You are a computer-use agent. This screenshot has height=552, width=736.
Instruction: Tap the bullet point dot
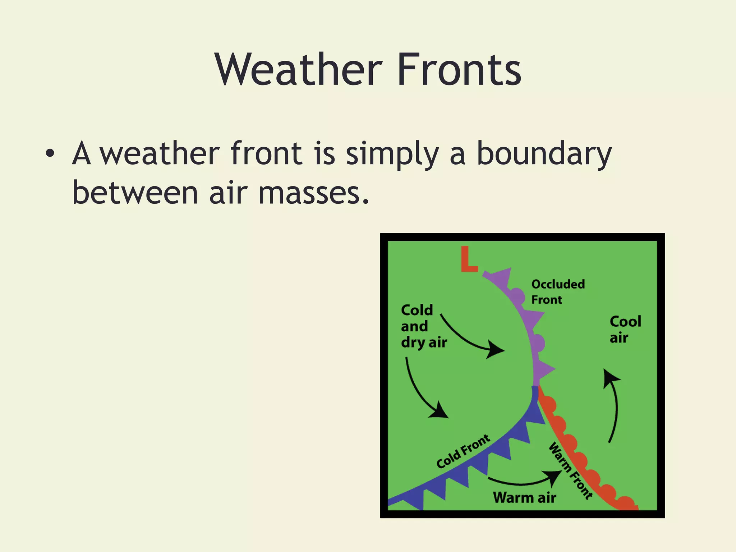[x=50, y=154]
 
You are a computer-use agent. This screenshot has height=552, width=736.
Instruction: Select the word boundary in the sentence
[x=544, y=154]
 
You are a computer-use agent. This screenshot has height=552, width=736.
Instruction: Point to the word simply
[x=392, y=154]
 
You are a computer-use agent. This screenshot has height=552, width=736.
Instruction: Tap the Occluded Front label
[x=558, y=291]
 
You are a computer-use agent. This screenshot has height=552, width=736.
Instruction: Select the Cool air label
[x=625, y=329]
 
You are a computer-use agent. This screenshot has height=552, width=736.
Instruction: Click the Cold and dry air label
[x=423, y=326]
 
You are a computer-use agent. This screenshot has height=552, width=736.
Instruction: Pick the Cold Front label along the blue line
[x=463, y=451]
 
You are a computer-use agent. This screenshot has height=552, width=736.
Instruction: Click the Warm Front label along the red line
[x=570, y=471]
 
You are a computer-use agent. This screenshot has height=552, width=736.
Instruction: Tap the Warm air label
[x=524, y=498]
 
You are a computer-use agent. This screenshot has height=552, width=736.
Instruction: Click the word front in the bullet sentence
[x=266, y=154]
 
